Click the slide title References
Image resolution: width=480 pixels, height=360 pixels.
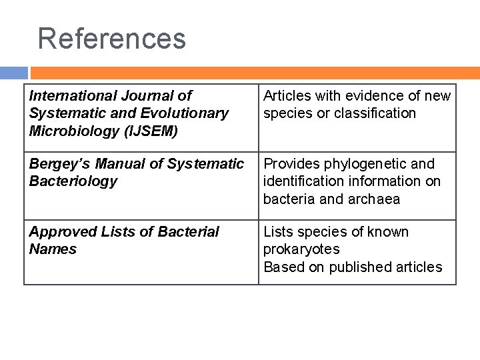[x=112, y=38]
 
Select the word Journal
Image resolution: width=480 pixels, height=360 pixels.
[x=143, y=96]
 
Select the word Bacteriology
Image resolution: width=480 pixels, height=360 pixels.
[x=73, y=181]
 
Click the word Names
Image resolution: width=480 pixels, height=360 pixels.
[x=53, y=249]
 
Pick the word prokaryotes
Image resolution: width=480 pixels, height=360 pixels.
[x=301, y=249]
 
